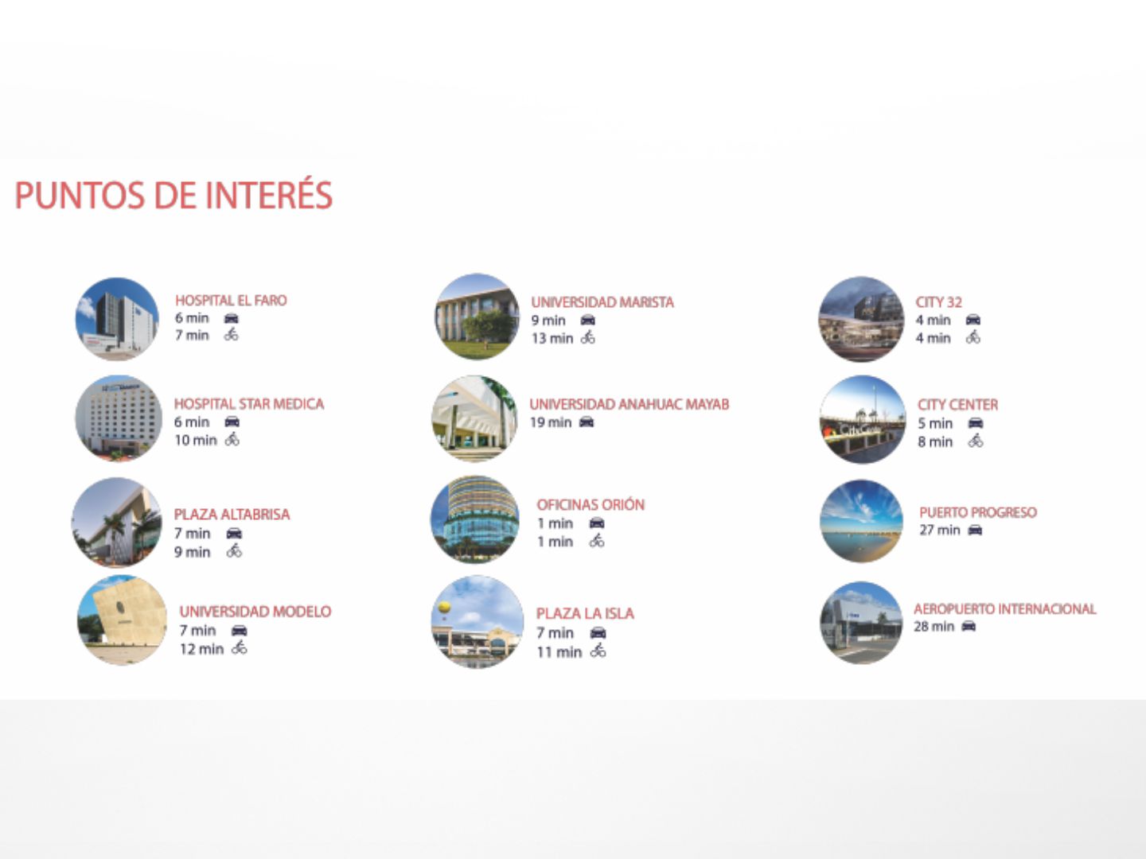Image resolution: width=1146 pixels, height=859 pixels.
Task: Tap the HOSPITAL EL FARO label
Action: [x=231, y=301]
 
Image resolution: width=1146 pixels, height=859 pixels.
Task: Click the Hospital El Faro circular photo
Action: [x=117, y=319]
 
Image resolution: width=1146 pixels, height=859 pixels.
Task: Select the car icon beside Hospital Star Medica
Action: [x=232, y=422]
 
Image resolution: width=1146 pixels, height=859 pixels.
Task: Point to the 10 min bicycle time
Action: [x=195, y=440]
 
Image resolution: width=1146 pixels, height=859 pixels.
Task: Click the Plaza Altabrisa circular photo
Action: [x=116, y=522]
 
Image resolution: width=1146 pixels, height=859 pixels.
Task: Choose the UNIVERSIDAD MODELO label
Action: [x=255, y=612]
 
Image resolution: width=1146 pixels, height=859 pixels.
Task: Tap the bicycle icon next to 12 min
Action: [x=240, y=647]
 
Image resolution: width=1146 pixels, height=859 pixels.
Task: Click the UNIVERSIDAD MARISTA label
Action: [x=602, y=302]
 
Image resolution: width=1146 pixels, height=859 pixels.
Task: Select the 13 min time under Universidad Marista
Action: [x=552, y=339]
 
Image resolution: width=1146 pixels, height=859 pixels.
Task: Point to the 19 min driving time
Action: [x=551, y=422]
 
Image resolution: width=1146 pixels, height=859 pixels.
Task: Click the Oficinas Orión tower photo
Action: [x=475, y=519]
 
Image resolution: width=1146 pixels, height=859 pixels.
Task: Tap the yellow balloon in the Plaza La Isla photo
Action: [x=444, y=607]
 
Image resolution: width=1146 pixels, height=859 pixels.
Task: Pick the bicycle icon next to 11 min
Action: [x=598, y=651]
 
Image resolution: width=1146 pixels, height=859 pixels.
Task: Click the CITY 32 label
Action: [x=938, y=302]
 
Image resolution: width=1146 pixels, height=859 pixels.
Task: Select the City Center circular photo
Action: [x=863, y=419]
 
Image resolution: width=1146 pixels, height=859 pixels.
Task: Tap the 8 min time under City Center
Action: [x=935, y=441]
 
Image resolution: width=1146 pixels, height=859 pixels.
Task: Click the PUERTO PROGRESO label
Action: [x=978, y=512]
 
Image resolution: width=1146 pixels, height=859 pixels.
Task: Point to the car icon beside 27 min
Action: [x=975, y=530]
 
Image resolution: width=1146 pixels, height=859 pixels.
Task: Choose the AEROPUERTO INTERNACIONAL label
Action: [x=1004, y=608]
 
